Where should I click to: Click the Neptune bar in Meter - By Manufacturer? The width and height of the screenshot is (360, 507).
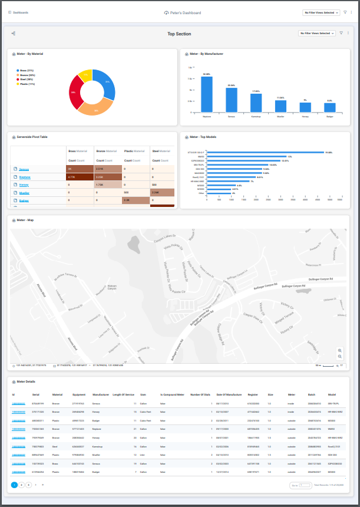pos(207,94)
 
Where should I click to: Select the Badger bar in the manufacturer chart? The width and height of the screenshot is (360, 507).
pos(329,107)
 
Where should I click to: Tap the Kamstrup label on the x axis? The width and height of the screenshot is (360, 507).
pos(256,117)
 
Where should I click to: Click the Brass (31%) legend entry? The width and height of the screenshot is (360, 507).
pos(28,71)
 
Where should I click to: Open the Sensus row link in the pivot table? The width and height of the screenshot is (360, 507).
pos(24,169)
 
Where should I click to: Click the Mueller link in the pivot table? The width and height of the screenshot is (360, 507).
pos(25,192)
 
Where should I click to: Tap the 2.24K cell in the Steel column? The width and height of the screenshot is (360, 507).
pos(162,192)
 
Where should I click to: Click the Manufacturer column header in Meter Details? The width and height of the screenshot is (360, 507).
pos(101,394)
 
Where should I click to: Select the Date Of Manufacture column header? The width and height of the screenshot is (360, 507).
pos(229,394)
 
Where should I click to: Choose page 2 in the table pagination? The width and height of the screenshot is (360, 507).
pos(22,485)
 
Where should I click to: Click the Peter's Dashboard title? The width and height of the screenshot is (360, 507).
pos(182,12)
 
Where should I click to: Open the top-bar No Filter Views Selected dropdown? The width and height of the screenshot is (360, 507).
pos(320,12)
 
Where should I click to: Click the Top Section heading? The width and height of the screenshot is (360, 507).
pos(179,34)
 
